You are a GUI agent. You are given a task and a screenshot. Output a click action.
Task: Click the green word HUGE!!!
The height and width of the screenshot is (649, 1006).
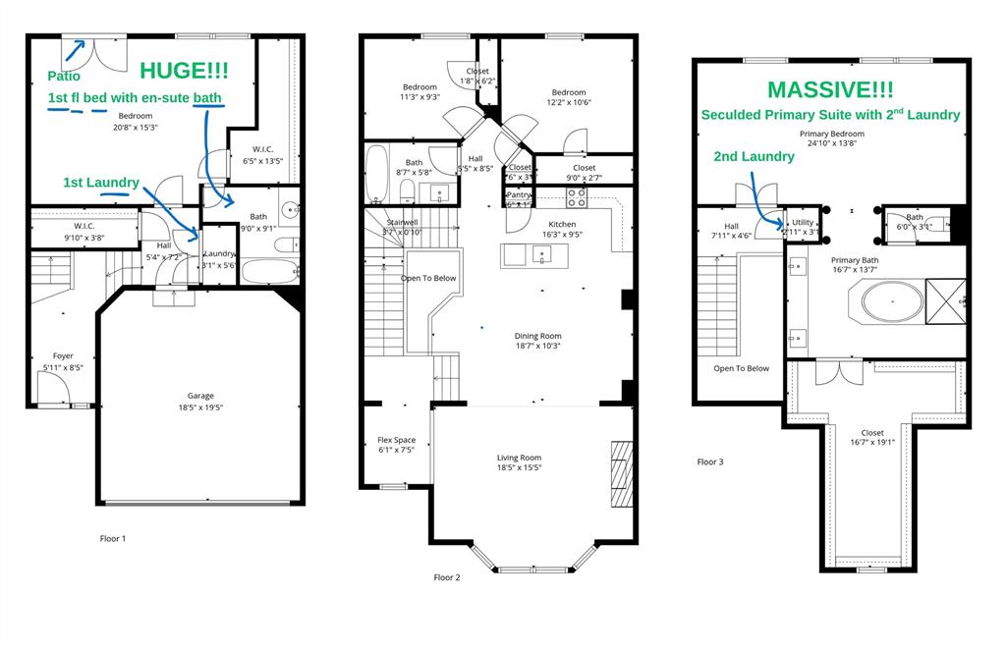[x=184, y=71]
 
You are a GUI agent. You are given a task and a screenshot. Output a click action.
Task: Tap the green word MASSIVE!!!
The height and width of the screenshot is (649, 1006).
[x=830, y=89]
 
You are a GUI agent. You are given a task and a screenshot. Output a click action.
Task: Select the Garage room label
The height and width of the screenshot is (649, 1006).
[x=200, y=397]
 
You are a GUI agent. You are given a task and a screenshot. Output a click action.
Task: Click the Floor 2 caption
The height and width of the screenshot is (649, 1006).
[x=447, y=577]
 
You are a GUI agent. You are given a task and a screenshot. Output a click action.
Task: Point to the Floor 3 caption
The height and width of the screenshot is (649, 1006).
[x=709, y=461]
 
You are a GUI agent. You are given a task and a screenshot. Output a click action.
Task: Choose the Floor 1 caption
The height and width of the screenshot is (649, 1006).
[x=113, y=538]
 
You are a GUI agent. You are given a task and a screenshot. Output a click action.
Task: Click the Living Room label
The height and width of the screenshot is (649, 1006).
[x=518, y=458]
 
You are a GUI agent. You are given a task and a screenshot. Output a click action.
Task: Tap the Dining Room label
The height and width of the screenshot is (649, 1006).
[x=537, y=336]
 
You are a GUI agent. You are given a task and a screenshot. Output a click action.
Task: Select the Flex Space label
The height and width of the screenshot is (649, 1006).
[x=397, y=440]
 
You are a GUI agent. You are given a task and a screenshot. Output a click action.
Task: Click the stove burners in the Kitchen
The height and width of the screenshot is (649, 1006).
[x=577, y=198]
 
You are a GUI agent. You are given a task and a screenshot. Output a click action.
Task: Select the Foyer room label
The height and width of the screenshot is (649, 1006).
[x=63, y=356]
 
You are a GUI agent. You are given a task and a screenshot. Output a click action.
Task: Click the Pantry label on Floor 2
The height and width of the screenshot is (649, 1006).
[x=518, y=194]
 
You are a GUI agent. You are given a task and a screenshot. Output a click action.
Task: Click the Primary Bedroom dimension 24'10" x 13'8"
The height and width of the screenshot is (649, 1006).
[x=831, y=143]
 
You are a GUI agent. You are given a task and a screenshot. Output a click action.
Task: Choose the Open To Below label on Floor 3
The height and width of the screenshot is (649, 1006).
[x=742, y=368]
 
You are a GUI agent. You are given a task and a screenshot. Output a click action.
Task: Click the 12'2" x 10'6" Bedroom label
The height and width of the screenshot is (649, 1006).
[x=568, y=92]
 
